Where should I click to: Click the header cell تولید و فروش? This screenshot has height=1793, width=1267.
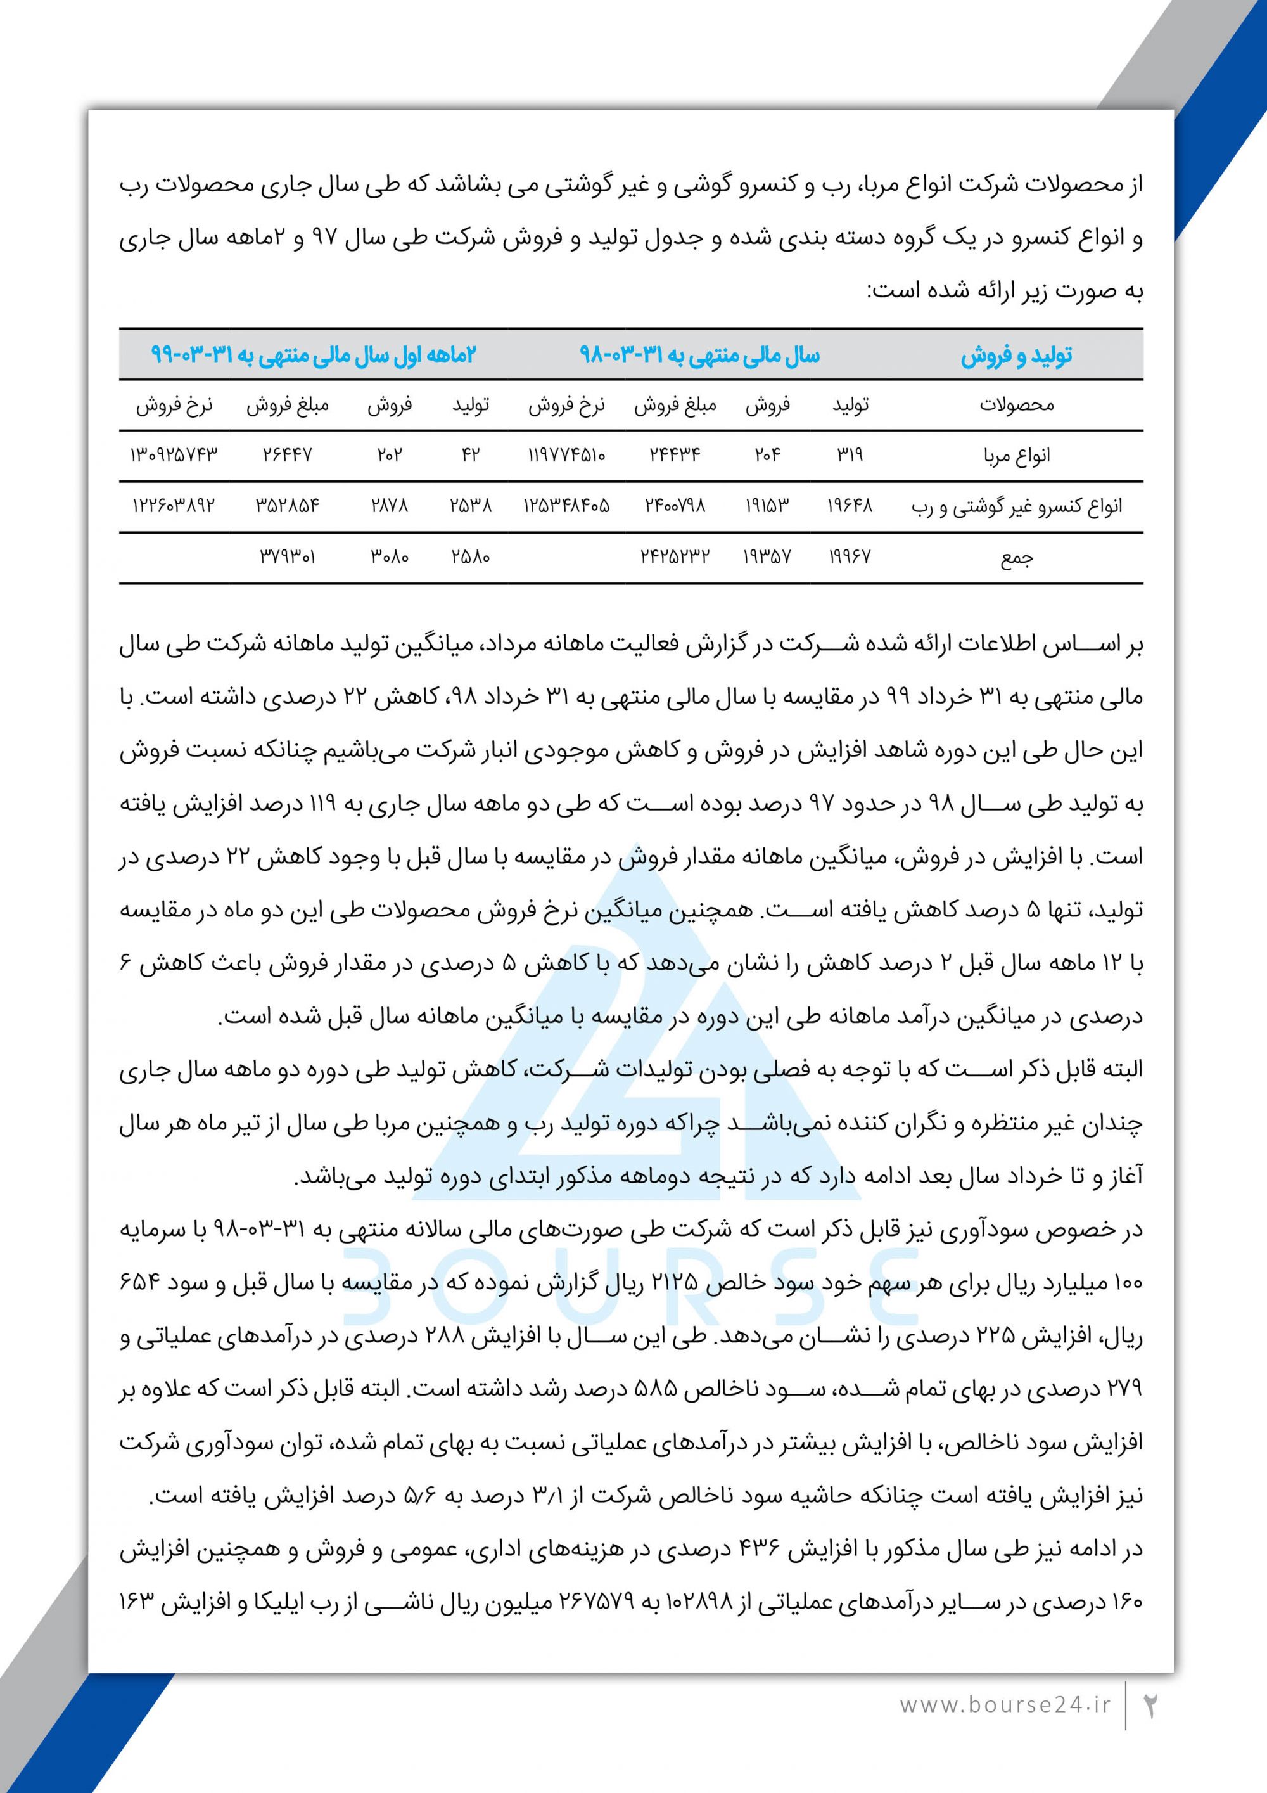coord(1016,356)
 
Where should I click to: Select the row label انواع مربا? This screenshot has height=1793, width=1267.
coord(1016,455)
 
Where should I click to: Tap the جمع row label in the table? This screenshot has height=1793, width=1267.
coord(1016,558)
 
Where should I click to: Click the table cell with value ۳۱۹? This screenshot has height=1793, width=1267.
coord(850,454)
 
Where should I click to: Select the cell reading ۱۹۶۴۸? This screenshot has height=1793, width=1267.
coord(850,506)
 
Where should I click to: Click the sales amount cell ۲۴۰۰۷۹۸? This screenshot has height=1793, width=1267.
coord(675,506)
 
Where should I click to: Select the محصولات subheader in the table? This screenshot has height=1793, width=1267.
coord(1016,404)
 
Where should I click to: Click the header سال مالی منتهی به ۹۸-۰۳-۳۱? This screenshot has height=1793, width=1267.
coord(699,356)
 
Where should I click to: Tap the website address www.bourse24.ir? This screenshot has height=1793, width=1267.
coord(1005,1705)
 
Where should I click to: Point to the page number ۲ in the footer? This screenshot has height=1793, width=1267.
coord(1150,1705)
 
